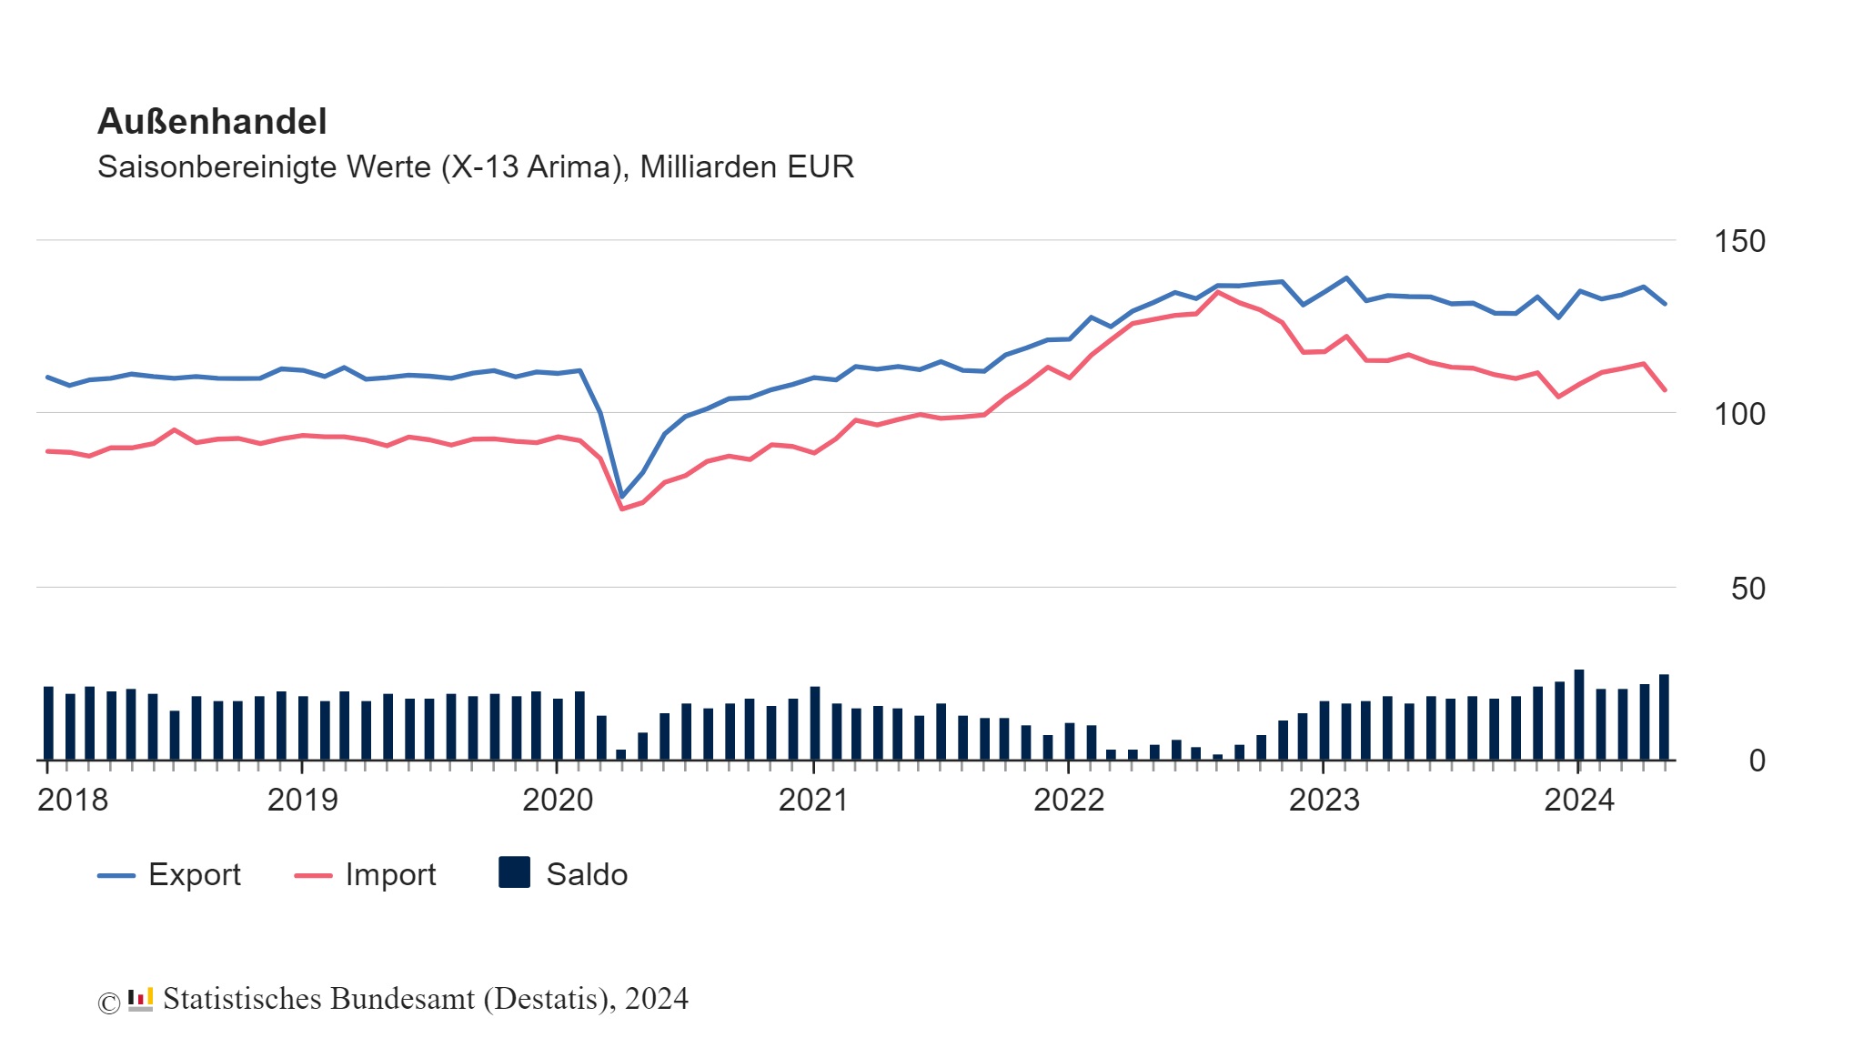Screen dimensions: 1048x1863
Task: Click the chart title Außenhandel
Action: pos(212,121)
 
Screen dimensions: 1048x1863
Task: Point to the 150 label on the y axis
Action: pos(1738,241)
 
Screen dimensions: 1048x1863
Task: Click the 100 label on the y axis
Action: pos(1738,414)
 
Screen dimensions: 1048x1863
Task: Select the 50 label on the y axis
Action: pos(1747,589)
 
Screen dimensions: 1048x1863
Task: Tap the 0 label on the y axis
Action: pos(1757,761)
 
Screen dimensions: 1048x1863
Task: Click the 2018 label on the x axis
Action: pos(73,800)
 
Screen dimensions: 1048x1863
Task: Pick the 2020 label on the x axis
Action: pos(558,800)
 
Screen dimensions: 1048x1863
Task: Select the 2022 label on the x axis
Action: pos(1069,800)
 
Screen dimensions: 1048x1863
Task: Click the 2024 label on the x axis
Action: pos(1579,800)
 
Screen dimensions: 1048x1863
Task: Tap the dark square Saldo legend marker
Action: pos(515,872)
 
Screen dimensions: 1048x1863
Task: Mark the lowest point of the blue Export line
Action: pos(622,497)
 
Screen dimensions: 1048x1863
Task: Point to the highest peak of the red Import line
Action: pos(1218,292)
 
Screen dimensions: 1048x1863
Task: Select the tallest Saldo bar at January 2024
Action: pos(1579,714)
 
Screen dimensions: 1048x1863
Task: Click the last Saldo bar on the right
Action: pos(1664,717)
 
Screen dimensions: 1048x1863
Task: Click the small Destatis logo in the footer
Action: pos(140,1000)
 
